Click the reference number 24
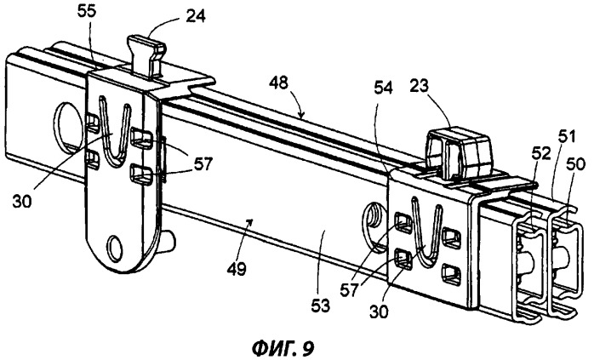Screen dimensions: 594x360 pos(197,16)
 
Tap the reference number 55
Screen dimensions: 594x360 pos(88,10)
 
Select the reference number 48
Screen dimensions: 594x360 pos(278,83)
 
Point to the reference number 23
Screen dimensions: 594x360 pos(419,87)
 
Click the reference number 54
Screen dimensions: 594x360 pos(383,89)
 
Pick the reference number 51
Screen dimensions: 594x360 pos(567,135)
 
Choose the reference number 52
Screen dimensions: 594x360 pos(540,154)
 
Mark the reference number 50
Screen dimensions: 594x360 pos(576,163)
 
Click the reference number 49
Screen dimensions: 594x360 pos(237,269)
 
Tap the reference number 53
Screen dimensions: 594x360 pos(321,305)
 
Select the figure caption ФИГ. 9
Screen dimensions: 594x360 pos(283,346)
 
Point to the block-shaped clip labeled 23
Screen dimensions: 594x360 pos(460,152)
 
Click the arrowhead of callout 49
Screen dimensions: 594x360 pos(249,222)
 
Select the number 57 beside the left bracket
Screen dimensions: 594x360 pos(203,164)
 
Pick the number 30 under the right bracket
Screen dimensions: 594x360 pos(379,311)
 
